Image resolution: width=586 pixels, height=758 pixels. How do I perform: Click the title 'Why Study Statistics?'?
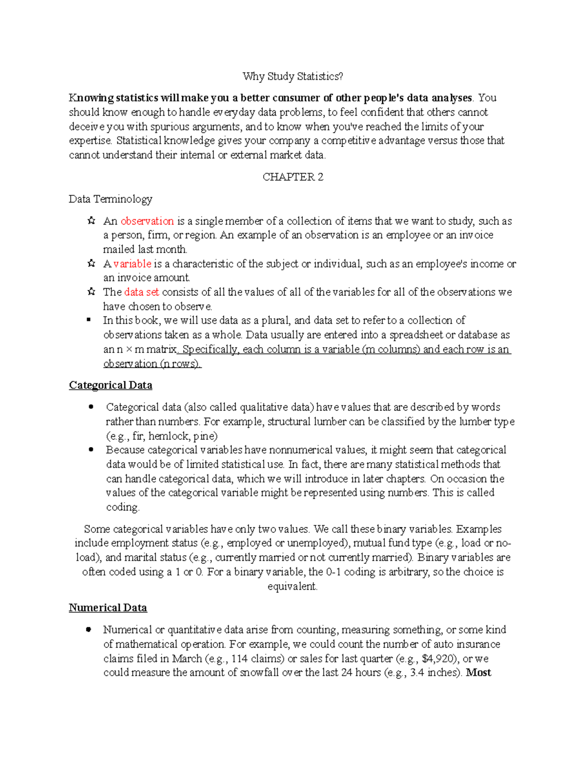tap(293, 76)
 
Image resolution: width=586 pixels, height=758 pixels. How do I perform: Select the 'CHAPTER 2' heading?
tap(293, 177)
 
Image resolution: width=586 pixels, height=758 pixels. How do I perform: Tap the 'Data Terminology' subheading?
tap(110, 199)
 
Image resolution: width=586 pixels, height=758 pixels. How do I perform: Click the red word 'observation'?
tap(147, 221)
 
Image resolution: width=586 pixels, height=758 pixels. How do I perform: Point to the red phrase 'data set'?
tap(142, 292)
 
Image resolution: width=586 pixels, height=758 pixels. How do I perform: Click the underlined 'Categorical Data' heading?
tap(110, 385)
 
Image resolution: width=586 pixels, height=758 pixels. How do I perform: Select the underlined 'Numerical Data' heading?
tap(107, 608)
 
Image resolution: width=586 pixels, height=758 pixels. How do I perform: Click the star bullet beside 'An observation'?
tap(91, 221)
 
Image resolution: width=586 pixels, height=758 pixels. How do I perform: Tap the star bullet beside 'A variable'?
tap(91, 264)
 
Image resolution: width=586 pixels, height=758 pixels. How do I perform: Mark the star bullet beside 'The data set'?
tap(91, 292)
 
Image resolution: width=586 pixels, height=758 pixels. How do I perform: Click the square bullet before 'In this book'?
tap(89, 320)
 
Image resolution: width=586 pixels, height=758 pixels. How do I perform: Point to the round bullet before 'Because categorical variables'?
tap(91, 450)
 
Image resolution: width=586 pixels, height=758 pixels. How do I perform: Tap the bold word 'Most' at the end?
tap(479, 672)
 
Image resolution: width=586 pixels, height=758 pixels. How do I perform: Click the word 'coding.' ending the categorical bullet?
tap(123, 507)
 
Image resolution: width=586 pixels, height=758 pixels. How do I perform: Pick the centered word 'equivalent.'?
tap(293, 586)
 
